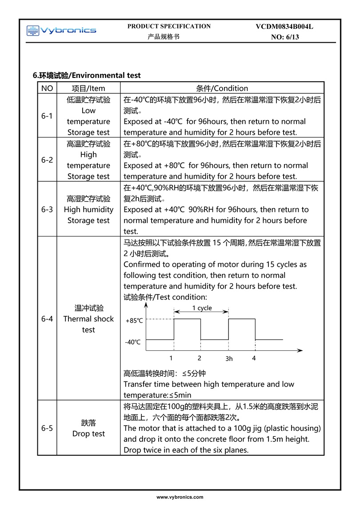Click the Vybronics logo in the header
click(x=61, y=30)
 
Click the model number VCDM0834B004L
click(x=284, y=27)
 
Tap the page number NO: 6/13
click(x=285, y=37)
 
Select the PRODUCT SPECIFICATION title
click(x=169, y=26)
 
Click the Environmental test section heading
click(x=87, y=75)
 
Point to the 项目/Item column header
click(x=88, y=88)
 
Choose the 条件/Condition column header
click(x=222, y=88)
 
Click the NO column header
click(x=47, y=88)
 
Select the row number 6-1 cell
click(x=47, y=116)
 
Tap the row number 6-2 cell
click(x=47, y=160)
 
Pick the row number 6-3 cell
click(x=47, y=209)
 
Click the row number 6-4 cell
click(x=47, y=319)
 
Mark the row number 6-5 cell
click(x=47, y=428)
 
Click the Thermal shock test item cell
click(x=88, y=319)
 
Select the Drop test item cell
click(x=88, y=428)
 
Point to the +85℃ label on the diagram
click(x=134, y=321)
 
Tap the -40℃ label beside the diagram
click(x=133, y=342)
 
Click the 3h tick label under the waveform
click(x=229, y=359)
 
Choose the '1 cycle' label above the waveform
click(x=202, y=308)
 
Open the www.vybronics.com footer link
click(x=180, y=497)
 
